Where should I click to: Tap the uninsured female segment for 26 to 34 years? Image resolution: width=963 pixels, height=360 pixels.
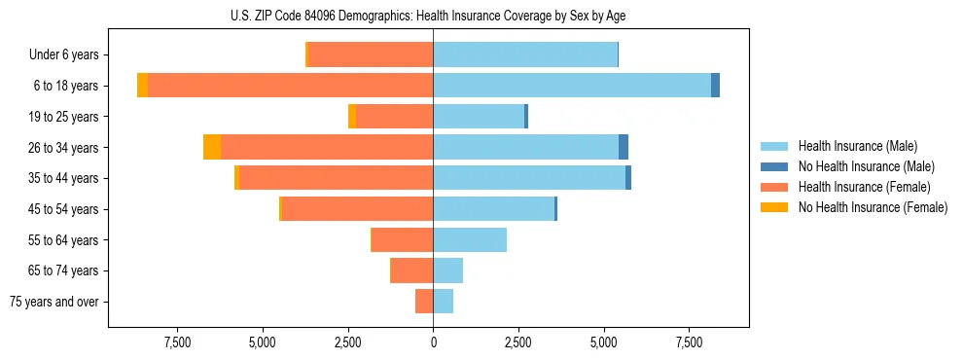pos(212,147)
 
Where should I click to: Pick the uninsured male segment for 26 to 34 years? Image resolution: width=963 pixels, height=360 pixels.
pos(624,147)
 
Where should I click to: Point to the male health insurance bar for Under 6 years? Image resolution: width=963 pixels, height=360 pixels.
pos(525,54)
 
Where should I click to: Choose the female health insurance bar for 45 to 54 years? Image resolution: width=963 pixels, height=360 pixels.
pos(357,209)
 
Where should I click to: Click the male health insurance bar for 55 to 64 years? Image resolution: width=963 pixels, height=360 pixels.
pos(470,239)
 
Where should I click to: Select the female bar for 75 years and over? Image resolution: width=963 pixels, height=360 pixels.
pos(424,302)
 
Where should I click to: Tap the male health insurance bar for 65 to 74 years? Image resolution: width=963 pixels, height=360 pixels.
pos(448,270)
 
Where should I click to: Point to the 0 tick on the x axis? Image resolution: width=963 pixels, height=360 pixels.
pos(433,342)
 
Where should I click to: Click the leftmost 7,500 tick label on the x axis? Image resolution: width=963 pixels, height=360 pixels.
pos(177,342)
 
